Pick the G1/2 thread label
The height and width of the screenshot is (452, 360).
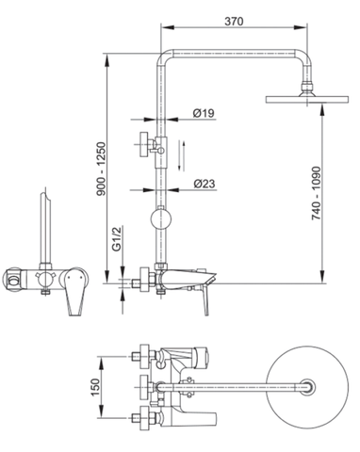pyautogui.click(x=117, y=241)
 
